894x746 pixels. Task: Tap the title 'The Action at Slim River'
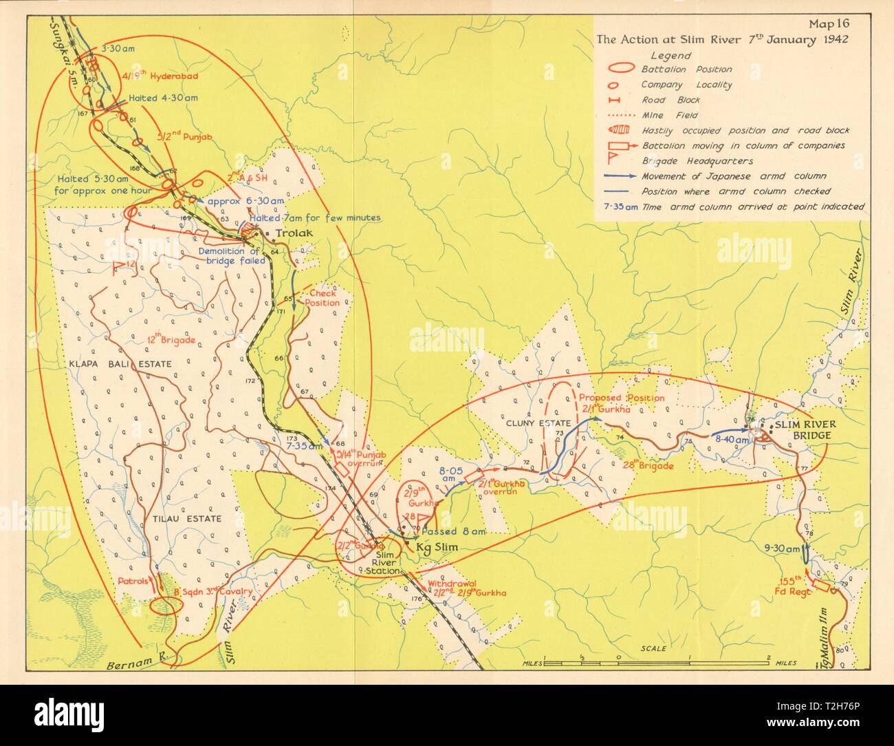point(722,39)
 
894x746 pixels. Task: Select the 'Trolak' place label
point(294,233)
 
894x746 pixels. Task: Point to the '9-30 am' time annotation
point(782,549)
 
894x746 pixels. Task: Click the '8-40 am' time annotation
point(731,438)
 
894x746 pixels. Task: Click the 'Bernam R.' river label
point(132,667)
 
